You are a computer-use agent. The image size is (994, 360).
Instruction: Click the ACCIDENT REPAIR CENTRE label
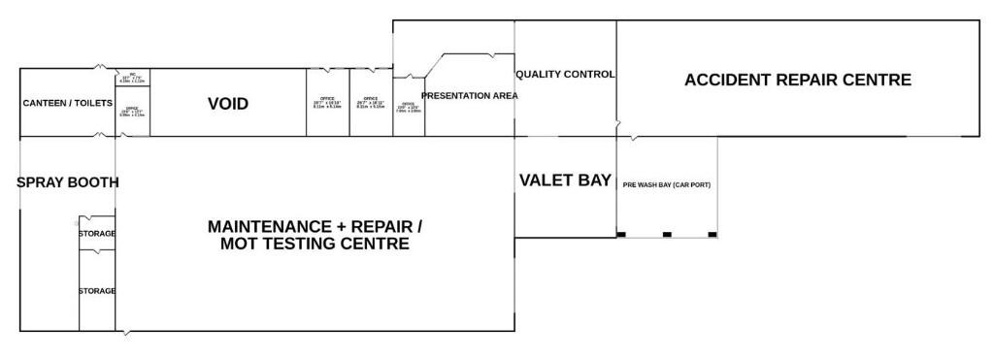coord(797,80)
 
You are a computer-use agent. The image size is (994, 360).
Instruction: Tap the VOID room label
coord(228,104)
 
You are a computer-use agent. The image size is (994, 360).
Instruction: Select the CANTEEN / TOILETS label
coord(67,103)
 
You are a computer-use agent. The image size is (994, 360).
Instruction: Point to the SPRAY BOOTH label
coord(68,181)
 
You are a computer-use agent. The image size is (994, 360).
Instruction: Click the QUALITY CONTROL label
coord(565,75)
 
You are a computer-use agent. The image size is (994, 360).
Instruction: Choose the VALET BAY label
coord(565,180)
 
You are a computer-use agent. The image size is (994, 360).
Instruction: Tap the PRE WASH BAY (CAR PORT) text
coord(667,184)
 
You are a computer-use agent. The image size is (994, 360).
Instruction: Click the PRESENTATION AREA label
coord(469,96)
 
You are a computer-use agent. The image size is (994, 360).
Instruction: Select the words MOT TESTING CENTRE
coord(315,245)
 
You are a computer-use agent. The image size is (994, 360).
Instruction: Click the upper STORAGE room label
coord(97,234)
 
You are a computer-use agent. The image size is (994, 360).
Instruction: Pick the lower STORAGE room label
coord(97,291)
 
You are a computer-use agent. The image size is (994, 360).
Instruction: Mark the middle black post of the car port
coord(667,234)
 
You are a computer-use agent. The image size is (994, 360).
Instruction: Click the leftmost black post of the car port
coord(621,234)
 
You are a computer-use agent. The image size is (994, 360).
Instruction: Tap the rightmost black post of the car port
coord(712,234)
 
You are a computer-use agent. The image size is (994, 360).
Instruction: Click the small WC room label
coord(133,78)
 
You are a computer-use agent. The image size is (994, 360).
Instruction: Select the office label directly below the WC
coord(132,112)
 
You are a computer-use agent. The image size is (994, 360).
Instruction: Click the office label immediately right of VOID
coord(327,102)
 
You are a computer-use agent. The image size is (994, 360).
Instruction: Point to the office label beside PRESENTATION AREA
coord(408,107)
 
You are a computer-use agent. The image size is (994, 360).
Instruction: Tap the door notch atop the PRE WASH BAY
coord(634,137)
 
